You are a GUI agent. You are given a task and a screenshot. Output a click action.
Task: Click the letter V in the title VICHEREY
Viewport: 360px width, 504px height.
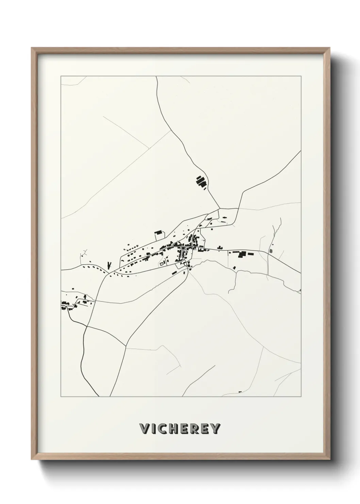[x=145, y=429]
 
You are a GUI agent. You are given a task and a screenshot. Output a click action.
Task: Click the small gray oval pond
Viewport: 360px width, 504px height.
[x=271, y=251]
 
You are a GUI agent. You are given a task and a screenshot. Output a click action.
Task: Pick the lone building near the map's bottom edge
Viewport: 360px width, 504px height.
[x=240, y=392]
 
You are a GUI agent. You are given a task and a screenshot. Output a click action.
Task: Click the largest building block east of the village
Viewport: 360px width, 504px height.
[x=242, y=254]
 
